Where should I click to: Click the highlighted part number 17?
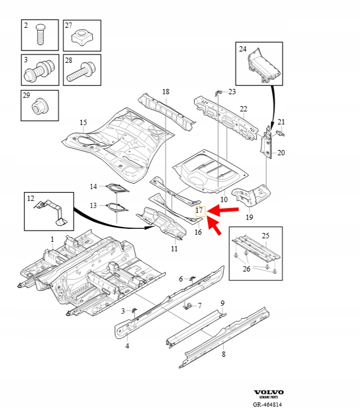click(x=199, y=210)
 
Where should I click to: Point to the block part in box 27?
click(x=82, y=39)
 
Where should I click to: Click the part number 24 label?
click(x=242, y=50)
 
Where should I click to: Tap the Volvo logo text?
click(x=269, y=392)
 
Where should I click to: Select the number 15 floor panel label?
click(x=83, y=123)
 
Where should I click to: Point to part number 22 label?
click(x=243, y=108)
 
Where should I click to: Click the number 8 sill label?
click(x=223, y=354)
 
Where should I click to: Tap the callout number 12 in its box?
click(x=31, y=199)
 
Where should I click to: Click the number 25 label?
click(x=265, y=236)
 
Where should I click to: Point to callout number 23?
click(x=232, y=91)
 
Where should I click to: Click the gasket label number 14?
click(x=93, y=187)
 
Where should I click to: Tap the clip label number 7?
click(x=200, y=306)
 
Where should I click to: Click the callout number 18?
click(x=165, y=91)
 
